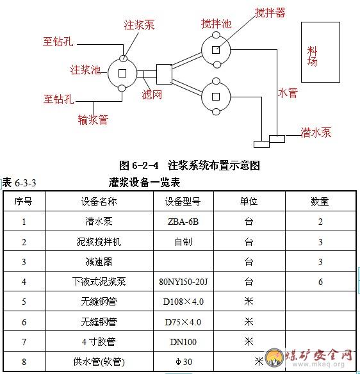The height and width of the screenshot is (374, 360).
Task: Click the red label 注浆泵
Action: tap(139, 25)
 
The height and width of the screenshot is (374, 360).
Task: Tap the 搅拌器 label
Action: tap(270, 13)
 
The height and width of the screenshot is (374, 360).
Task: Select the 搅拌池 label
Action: tap(216, 24)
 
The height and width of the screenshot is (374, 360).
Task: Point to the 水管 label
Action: tap(288, 93)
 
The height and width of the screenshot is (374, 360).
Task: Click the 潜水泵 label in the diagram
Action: tap(316, 133)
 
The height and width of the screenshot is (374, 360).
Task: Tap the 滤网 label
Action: tap(152, 95)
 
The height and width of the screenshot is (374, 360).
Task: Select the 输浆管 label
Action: tap(93, 120)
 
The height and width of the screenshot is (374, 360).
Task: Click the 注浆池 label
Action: tap(85, 70)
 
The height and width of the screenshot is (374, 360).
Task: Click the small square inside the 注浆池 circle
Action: tap(122, 73)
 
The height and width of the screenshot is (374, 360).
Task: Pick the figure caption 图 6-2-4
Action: tap(138, 165)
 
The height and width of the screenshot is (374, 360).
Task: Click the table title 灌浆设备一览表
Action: tap(144, 183)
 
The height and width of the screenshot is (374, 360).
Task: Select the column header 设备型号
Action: tap(183, 202)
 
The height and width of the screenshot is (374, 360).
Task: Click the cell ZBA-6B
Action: tap(183, 222)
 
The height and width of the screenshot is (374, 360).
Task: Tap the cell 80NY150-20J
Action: tap(183, 282)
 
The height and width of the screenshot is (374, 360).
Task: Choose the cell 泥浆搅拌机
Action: tap(99, 242)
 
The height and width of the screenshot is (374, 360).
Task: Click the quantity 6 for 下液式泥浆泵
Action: tap(320, 282)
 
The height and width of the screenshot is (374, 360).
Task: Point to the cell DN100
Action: tap(183, 342)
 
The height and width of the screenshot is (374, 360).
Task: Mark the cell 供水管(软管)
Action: tap(99, 362)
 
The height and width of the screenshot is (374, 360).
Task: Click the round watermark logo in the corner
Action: tap(275, 358)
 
